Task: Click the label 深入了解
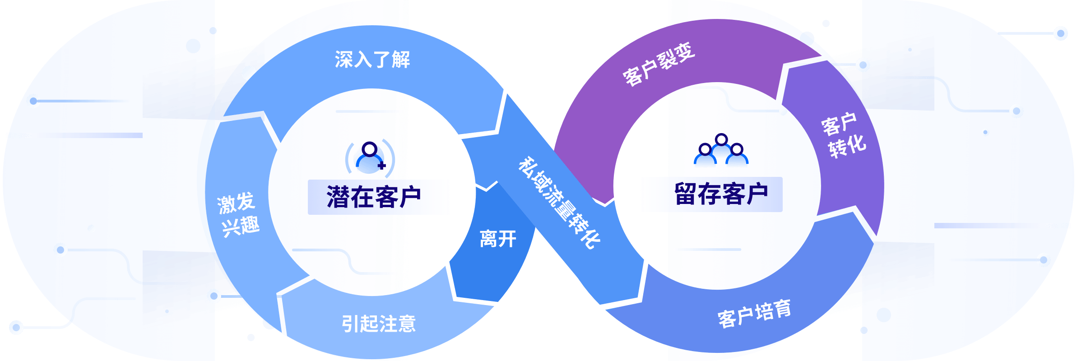[x=372, y=60]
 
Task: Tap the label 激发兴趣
[x=238, y=215]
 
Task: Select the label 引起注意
[x=378, y=324]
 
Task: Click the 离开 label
[x=498, y=239]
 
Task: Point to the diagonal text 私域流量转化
[x=559, y=203]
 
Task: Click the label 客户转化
[x=843, y=135]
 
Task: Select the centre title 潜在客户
[x=374, y=197]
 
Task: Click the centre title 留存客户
[x=721, y=194]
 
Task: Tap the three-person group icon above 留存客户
[x=721, y=151]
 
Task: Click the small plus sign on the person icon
[x=382, y=166]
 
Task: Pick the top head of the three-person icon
[x=721, y=139]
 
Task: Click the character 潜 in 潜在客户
[x=339, y=197]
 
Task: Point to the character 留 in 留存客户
[x=686, y=194]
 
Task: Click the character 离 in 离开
[x=488, y=239]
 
